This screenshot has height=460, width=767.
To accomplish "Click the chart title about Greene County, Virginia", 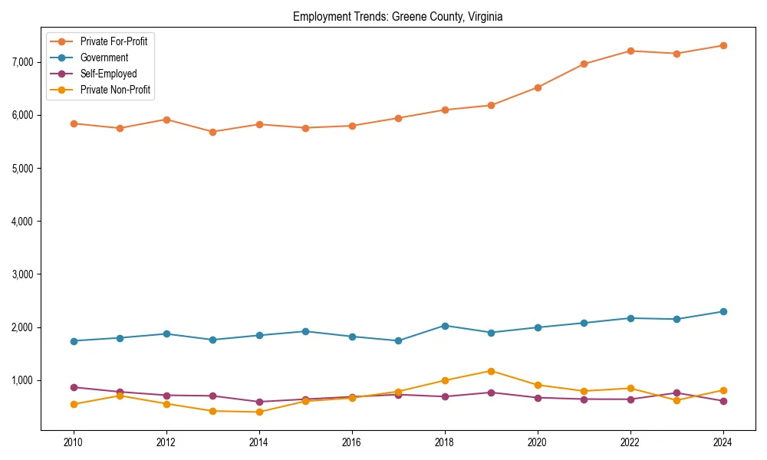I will click(x=397, y=16).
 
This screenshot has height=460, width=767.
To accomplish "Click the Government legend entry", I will click(x=104, y=58).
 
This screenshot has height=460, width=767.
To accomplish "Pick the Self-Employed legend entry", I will click(x=108, y=74).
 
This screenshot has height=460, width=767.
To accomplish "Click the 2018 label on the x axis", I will click(x=445, y=442).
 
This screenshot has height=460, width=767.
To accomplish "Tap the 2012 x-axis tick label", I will click(x=166, y=442).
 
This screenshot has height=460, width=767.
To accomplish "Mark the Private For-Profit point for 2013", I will click(x=212, y=132).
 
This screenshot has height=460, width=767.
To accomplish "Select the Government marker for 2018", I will click(x=445, y=326).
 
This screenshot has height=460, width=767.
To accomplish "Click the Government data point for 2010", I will click(x=74, y=341).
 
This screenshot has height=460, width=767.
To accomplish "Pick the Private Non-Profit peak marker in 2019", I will click(x=491, y=371).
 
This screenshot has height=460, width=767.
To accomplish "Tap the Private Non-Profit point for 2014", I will click(x=259, y=412).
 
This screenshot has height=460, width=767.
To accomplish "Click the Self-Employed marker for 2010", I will click(x=74, y=387).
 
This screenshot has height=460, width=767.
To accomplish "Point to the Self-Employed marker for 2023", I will click(x=676, y=393).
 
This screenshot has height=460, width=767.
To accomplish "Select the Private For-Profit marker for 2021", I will click(x=584, y=64).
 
